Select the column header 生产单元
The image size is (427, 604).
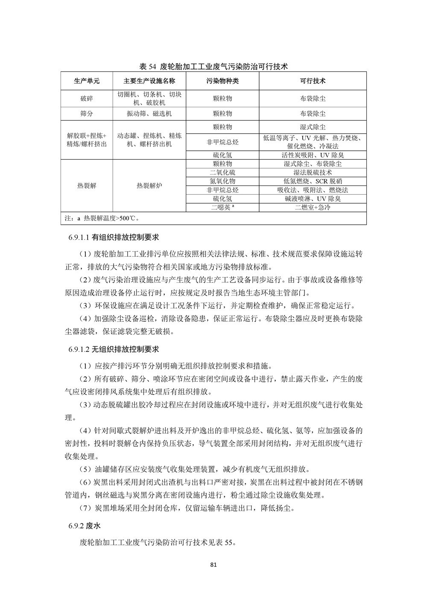[x=87, y=81]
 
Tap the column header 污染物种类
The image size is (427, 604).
[x=222, y=81]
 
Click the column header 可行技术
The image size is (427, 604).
[x=313, y=81]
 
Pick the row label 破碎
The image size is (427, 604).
[x=87, y=99]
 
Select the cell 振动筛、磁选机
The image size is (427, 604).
[x=149, y=114]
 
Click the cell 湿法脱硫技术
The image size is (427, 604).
[x=313, y=173]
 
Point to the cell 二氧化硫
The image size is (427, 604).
[x=222, y=173]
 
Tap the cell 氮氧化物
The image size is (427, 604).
[x=222, y=181]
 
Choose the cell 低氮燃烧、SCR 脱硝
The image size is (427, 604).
[x=313, y=181]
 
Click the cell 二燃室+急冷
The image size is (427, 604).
[x=313, y=208]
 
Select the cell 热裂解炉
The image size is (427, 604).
[x=149, y=186]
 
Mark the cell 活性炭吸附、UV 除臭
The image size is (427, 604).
[x=313, y=155]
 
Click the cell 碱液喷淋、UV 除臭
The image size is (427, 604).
[x=313, y=199]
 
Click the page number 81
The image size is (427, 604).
[x=214, y=565]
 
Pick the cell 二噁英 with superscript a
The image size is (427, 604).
[x=222, y=208]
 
